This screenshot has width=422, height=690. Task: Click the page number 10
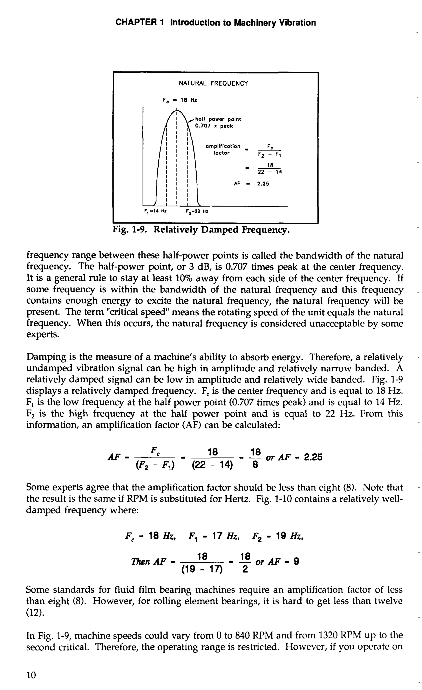pos(31,675)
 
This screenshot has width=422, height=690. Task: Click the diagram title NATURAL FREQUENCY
pos(213,83)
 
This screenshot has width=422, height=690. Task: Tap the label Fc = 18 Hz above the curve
pos(180,100)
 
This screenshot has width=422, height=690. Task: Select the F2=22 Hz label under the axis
pos(197,211)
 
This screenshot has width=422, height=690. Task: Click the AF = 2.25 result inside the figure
pos(251,184)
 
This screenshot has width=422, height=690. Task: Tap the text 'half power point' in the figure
pos(218,119)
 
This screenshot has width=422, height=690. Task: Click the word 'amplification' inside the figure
pos(223,146)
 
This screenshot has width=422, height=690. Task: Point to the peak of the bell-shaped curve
pos(177,111)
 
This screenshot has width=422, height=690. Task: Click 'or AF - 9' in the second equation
pos(277,562)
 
